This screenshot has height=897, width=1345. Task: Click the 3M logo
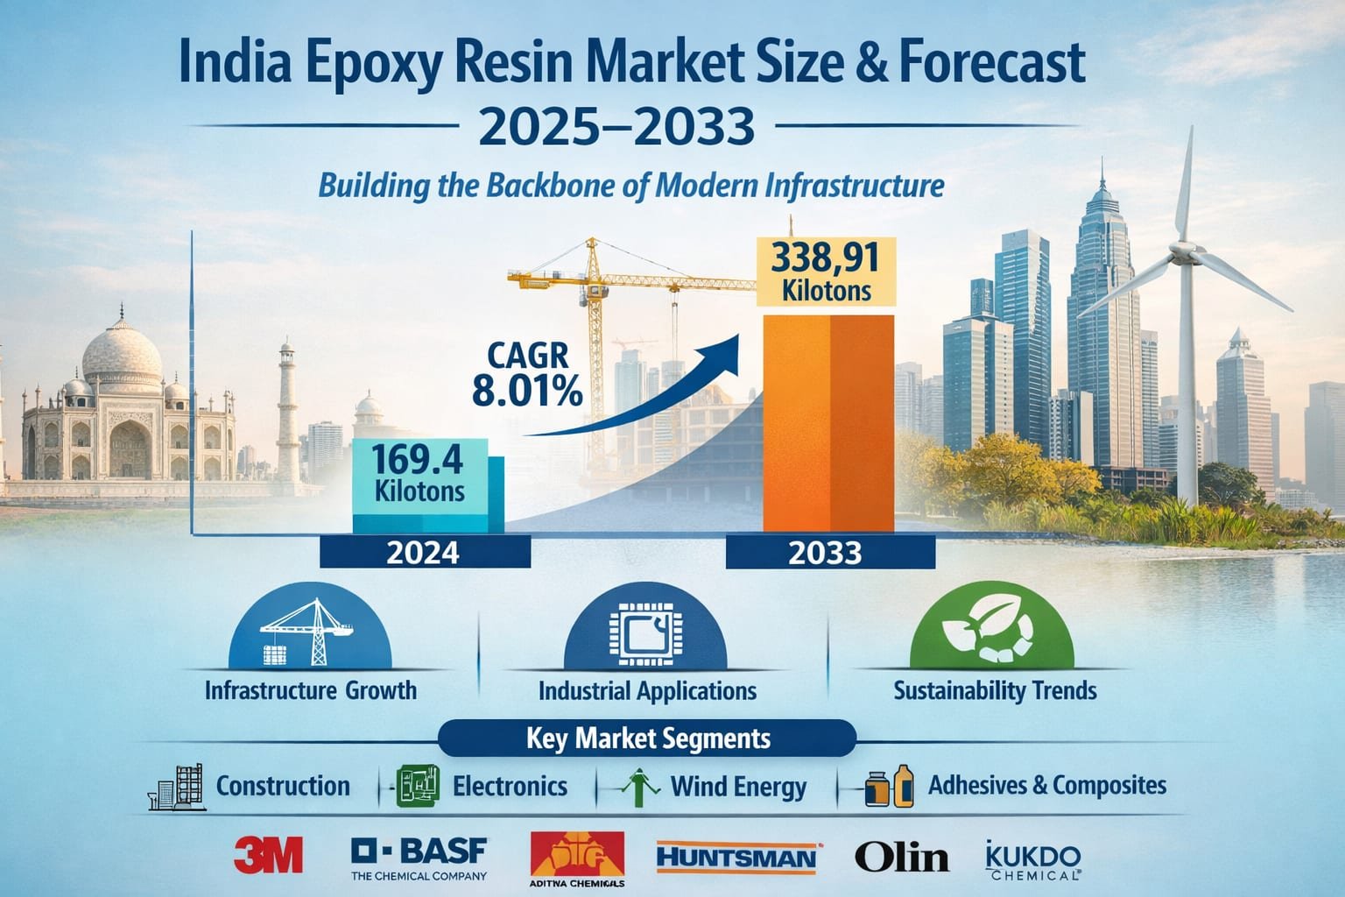click(268, 855)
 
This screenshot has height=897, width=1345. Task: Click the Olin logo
click(901, 856)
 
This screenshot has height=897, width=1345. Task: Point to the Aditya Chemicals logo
click(577, 858)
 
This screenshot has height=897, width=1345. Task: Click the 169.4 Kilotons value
click(419, 473)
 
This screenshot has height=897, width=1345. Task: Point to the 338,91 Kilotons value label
click(826, 271)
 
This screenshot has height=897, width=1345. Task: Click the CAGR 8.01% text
click(525, 375)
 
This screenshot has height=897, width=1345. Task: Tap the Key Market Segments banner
click(648, 738)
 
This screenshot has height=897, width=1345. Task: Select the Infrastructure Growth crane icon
click(309, 632)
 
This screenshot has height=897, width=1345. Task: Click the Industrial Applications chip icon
click(646, 632)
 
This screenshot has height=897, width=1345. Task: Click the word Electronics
click(510, 786)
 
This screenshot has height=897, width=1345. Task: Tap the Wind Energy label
click(738, 787)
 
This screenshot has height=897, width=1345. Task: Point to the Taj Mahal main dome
click(122, 355)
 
